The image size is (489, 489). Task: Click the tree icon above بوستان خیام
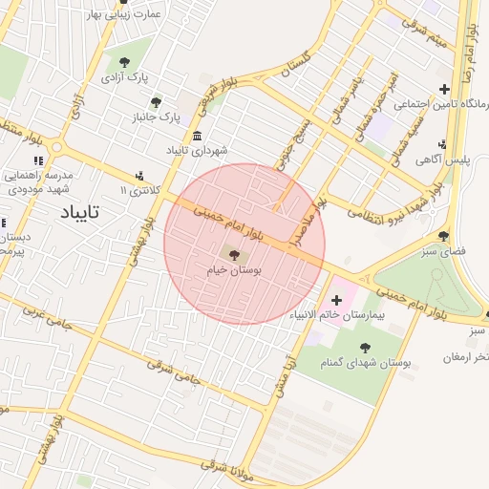click(x=235, y=254)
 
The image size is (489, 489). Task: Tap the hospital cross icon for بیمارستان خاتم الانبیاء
click(x=336, y=300)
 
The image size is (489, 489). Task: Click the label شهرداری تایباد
click(x=197, y=150)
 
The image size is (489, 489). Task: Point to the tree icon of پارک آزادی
click(x=125, y=61)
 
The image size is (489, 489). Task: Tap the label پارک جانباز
click(x=157, y=117)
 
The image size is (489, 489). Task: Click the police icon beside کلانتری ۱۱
click(x=139, y=175)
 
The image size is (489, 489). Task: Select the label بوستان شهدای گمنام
click(x=365, y=363)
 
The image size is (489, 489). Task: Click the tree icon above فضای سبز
click(x=442, y=235)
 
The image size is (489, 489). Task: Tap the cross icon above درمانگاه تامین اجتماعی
click(x=443, y=90)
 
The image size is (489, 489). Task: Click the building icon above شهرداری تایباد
click(x=197, y=136)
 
